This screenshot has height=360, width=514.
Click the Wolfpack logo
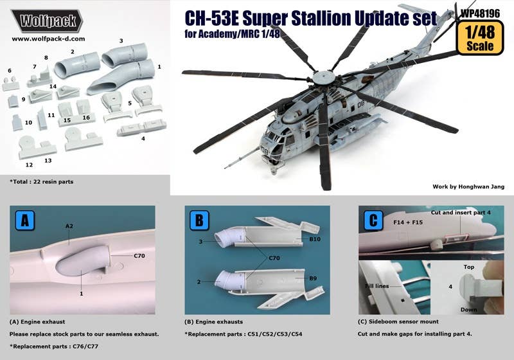[x=47, y=21]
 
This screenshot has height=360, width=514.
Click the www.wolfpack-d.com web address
[x=48, y=39]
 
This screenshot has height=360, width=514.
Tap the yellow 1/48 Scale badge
[x=480, y=38]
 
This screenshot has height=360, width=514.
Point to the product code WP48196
[x=480, y=13]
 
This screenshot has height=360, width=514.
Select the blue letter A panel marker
[x=25, y=221]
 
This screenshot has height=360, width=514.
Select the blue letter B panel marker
[x=199, y=221]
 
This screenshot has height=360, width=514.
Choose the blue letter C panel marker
[x=373, y=221]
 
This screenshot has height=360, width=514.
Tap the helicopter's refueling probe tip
[x=226, y=168]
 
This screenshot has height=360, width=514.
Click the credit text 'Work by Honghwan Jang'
[x=468, y=186]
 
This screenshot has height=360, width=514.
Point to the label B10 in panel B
[x=315, y=239]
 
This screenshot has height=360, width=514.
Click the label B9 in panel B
[x=313, y=278]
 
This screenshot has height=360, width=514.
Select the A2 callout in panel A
[x=69, y=226]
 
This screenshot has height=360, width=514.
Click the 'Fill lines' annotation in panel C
[x=377, y=286]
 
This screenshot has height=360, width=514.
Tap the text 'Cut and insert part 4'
[x=461, y=212]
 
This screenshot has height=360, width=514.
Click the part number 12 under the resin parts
[x=29, y=165]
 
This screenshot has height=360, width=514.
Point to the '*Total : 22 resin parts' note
[x=42, y=182]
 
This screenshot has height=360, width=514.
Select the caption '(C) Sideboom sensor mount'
[x=398, y=321]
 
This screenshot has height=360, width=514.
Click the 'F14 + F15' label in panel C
[x=408, y=222]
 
